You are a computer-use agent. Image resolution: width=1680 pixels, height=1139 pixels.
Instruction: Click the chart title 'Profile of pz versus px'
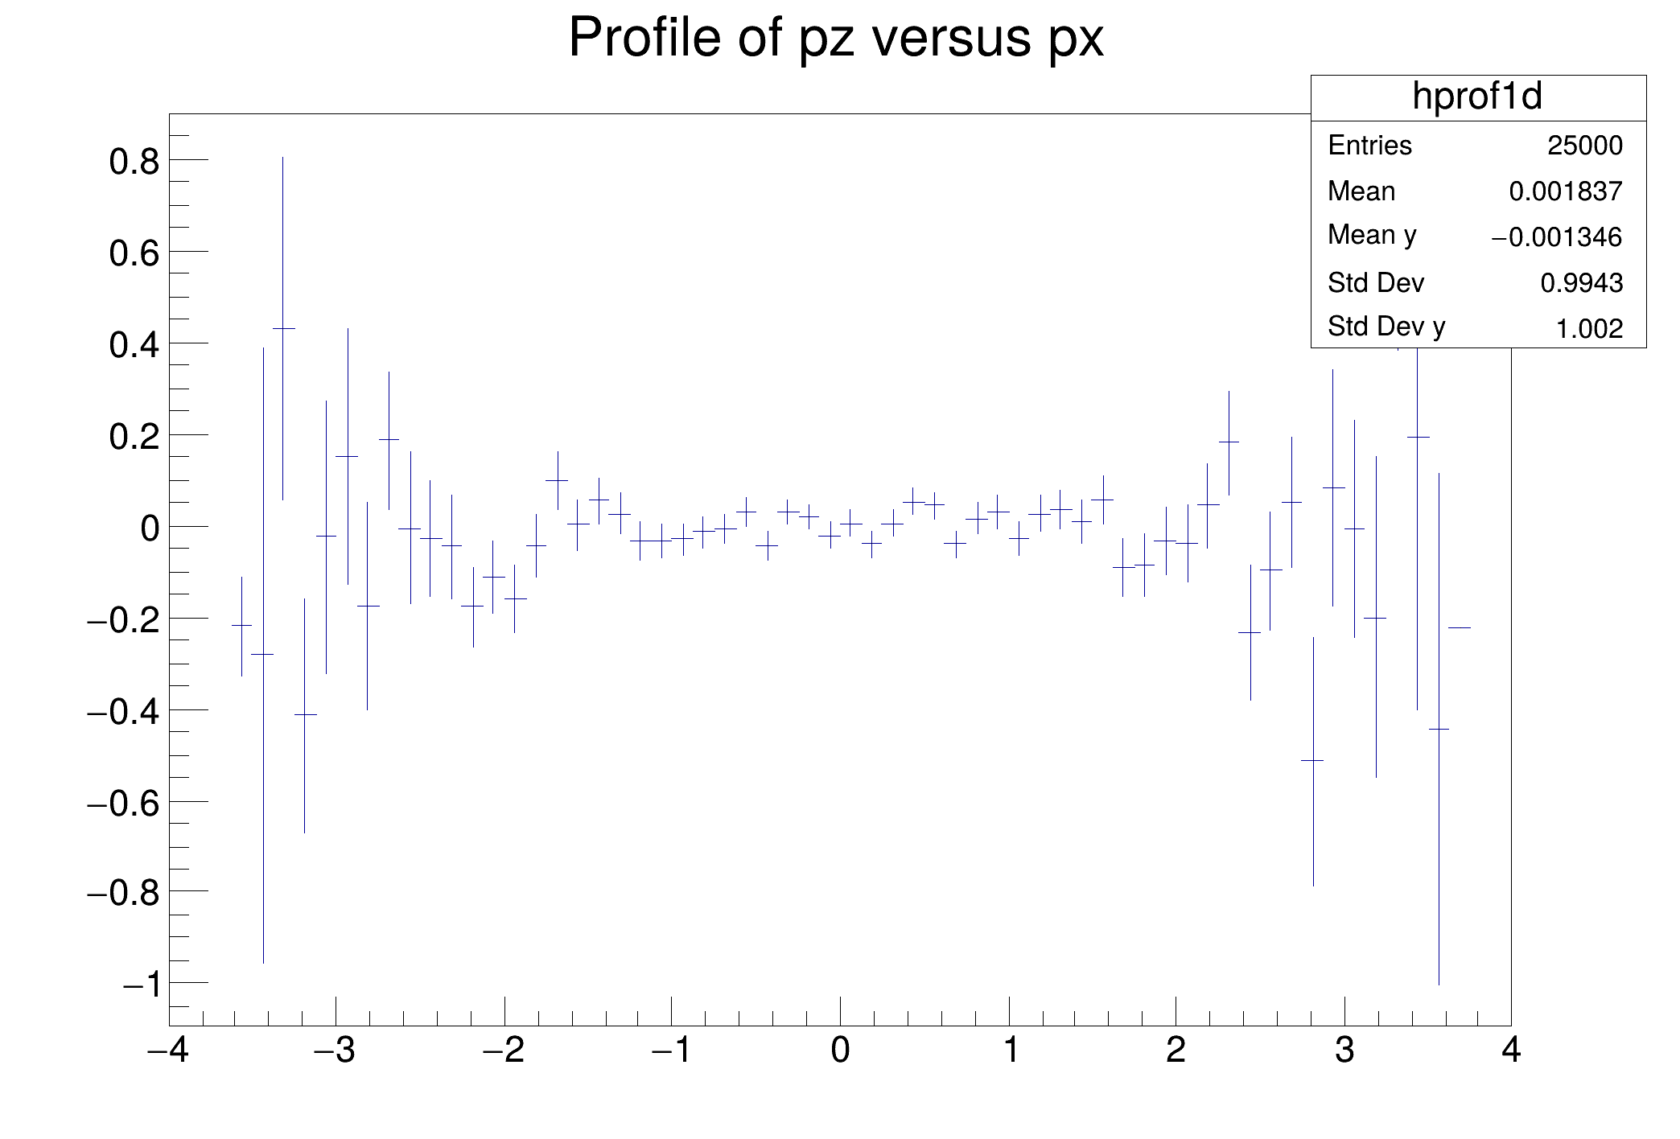836,38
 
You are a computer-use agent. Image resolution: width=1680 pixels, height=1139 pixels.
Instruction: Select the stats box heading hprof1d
1477,97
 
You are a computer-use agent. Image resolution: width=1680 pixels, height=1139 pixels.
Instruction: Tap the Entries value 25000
1584,146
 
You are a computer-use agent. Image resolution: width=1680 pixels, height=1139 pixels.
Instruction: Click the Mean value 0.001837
1565,191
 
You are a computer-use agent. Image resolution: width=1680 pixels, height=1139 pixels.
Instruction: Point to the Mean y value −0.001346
1556,237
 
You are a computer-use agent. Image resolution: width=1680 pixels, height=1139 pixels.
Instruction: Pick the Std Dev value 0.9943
1581,283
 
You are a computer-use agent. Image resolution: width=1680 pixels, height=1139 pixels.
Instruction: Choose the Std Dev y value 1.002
1589,328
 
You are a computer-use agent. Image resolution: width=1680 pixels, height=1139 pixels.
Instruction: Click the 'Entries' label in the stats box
1369,146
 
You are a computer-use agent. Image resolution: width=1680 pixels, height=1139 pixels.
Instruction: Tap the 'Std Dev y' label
1386,327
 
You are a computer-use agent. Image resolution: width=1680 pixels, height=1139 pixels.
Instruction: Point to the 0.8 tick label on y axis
134,162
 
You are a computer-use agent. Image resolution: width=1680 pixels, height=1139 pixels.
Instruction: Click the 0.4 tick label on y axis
134,345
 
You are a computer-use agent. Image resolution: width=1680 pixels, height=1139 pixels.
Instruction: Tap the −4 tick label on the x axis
169,1051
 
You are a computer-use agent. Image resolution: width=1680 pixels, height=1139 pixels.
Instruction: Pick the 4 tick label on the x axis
1511,1051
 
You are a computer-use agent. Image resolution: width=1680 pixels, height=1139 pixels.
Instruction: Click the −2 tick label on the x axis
504,1051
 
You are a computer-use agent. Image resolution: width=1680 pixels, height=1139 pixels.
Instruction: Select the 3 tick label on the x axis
1344,1051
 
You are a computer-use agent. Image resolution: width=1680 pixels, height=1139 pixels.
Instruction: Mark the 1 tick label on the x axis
1011,1051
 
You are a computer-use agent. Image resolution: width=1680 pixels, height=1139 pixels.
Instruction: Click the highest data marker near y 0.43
283,328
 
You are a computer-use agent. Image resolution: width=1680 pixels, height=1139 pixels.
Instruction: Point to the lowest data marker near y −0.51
1313,760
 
